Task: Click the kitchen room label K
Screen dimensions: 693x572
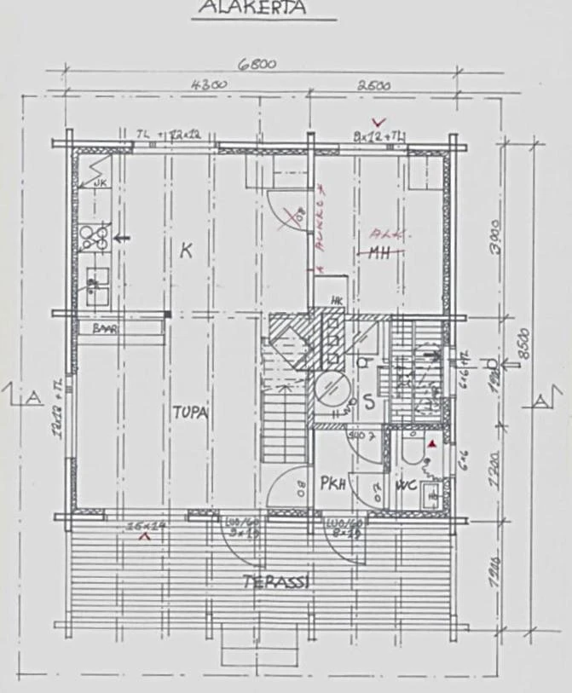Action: pyautogui.click(x=185, y=250)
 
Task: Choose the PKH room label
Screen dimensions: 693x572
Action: pyautogui.click(x=332, y=484)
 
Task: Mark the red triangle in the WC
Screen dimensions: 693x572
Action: pyautogui.click(x=432, y=444)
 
